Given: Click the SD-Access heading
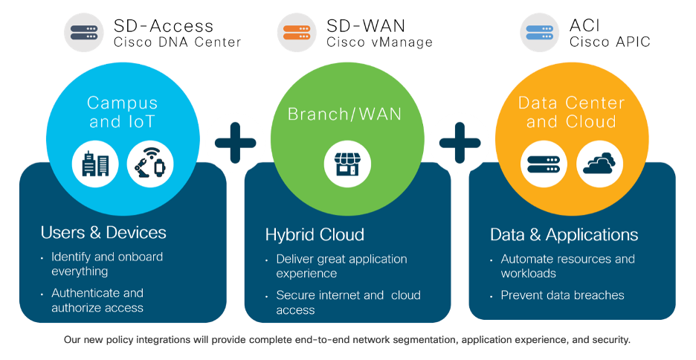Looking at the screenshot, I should [x=162, y=26].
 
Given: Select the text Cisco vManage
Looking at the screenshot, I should [x=379, y=42].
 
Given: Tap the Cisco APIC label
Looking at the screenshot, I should [x=610, y=42].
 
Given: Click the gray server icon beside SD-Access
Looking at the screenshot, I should [x=83, y=33].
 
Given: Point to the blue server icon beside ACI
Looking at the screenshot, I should [x=540, y=33].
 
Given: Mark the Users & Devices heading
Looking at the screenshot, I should [x=103, y=233].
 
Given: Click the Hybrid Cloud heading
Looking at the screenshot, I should [x=315, y=235].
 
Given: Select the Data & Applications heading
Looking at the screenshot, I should [x=564, y=235].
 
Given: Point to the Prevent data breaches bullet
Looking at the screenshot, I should [x=562, y=295].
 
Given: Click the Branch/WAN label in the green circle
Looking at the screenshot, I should [x=344, y=114].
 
